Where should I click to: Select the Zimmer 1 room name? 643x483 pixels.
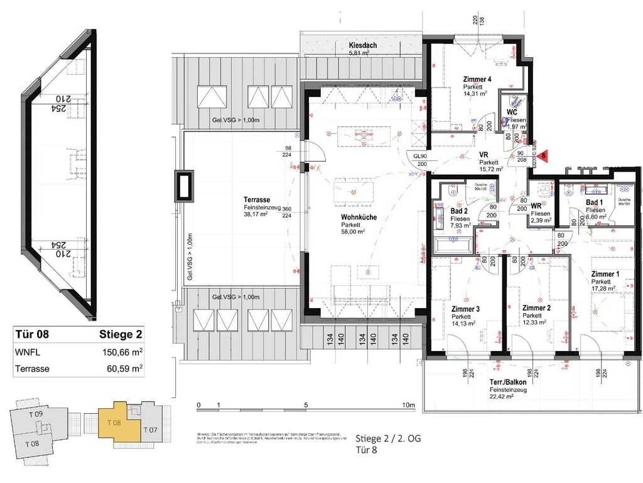(605, 274)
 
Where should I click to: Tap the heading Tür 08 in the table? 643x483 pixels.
(31, 334)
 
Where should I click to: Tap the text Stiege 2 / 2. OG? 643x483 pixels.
(384, 438)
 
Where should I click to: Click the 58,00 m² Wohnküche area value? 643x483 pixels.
(354, 231)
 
